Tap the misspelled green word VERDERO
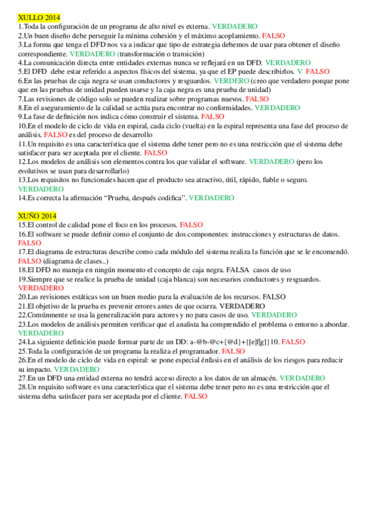231,81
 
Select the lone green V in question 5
300,72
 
